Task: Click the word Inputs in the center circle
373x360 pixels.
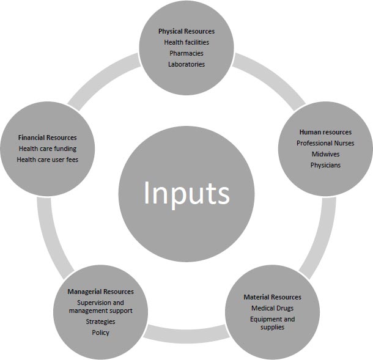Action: pyautogui.click(x=186, y=193)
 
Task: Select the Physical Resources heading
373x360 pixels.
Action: pyautogui.click(x=186, y=31)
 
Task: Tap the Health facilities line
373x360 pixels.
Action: pyautogui.click(x=186, y=42)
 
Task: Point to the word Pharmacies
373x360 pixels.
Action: pyautogui.click(x=186, y=53)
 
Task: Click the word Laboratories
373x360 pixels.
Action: pyautogui.click(x=186, y=64)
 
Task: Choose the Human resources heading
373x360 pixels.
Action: pyautogui.click(x=325, y=132)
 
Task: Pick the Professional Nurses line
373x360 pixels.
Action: pyautogui.click(x=325, y=143)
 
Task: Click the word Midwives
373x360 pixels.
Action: pyautogui.click(x=325, y=154)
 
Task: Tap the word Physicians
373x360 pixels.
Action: pyautogui.click(x=325, y=165)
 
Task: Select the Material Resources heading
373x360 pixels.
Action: pyautogui.click(x=272, y=297)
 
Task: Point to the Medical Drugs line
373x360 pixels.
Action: pyautogui.click(x=272, y=308)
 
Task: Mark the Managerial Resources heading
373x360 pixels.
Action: pyautogui.click(x=100, y=292)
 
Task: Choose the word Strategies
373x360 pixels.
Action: pyautogui.click(x=100, y=321)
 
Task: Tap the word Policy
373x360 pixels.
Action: pyautogui.click(x=100, y=332)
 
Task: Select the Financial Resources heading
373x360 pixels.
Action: pyautogui.click(x=47, y=138)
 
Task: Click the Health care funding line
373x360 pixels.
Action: pyautogui.click(x=47, y=149)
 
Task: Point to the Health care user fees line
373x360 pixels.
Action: pyautogui.click(x=47, y=160)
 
